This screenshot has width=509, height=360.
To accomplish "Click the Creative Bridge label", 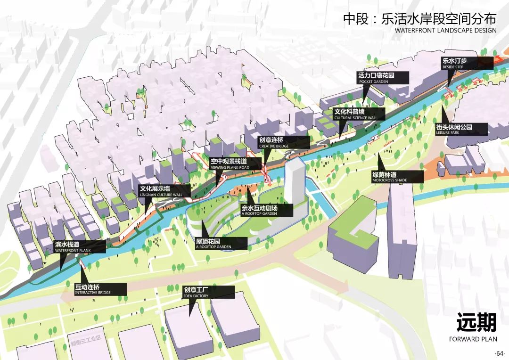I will [x=281, y=143].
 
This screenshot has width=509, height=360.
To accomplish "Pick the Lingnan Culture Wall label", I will [x=164, y=191].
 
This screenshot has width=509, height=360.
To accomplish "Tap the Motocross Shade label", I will [x=397, y=177].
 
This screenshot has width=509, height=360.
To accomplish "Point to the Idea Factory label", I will [x=208, y=292].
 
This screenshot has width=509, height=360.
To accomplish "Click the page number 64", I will [x=500, y=353].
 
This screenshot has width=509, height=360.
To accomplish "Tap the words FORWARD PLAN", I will [x=472, y=339].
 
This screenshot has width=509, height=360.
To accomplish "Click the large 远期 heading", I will [x=476, y=323].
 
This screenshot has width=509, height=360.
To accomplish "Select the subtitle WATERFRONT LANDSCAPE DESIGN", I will [x=445, y=30].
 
